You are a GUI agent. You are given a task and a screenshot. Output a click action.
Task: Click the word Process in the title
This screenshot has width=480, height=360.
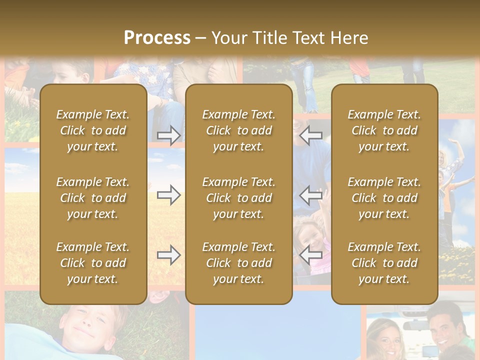pos(157,38)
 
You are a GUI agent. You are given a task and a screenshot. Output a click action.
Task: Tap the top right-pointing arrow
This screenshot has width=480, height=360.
pos(169,135)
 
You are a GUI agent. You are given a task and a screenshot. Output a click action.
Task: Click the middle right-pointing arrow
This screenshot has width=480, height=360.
pos(169,195)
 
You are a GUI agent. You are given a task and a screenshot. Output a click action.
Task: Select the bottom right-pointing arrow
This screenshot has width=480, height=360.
pos(169,255)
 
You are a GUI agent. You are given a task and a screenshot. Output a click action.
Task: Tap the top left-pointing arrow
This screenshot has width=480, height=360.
pos(311,135)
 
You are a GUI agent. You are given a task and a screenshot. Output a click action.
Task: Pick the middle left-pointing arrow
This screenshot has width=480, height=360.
pos(311,195)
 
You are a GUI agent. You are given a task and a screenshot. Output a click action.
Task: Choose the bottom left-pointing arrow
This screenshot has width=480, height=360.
pos(311,255)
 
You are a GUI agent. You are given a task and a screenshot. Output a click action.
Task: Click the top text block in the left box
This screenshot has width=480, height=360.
pos(93,130)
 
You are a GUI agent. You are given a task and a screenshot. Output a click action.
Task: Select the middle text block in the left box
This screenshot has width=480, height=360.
pos(93,198)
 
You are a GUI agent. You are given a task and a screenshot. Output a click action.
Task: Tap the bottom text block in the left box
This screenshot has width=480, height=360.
pos(93,263)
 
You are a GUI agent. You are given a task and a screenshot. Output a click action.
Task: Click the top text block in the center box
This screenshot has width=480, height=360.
pos(238,130)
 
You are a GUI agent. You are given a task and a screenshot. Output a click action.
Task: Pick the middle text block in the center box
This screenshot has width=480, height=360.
pos(238,198)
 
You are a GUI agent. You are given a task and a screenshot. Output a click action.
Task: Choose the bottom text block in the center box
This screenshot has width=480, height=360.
pos(238,263)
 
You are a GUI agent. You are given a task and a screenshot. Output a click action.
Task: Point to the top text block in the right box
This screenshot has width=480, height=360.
pos(384,130)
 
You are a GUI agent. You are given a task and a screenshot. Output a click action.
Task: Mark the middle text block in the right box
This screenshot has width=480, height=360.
pos(384,198)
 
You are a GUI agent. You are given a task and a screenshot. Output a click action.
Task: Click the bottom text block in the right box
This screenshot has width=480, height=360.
pos(384,263)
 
